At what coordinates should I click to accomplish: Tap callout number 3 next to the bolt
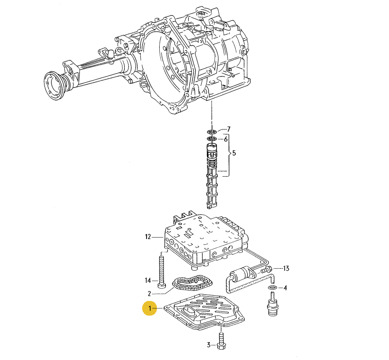(208, 345)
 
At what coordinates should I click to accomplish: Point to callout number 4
(285, 287)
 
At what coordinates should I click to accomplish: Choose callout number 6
(226, 139)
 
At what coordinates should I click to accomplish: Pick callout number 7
(229, 129)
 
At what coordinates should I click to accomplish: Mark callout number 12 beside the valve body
(148, 237)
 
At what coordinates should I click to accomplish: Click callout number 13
(285, 269)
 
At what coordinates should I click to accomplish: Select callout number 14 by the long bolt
(148, 280)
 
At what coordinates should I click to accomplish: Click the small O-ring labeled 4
(273, 287)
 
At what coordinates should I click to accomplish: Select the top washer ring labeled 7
(211, 130)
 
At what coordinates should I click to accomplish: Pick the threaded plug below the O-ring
(272, 304)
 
